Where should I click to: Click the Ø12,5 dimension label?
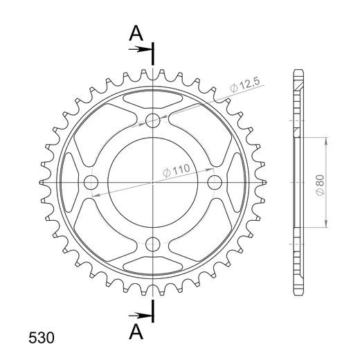245,85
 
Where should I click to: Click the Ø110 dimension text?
177,170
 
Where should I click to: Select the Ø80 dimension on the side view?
321,186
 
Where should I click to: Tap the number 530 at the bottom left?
42,338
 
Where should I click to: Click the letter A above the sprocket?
136,33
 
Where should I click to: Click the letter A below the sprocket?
136,332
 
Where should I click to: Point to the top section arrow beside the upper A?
140,49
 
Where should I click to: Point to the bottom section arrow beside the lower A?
140,316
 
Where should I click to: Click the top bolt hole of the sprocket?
153,120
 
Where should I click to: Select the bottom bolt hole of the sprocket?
153,244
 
